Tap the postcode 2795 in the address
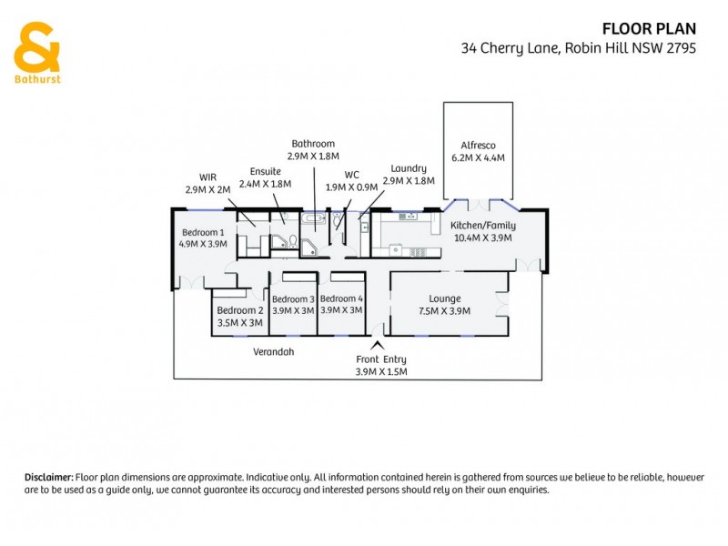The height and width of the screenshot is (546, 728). (x=681, y=48)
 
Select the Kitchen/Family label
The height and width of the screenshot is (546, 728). (x=483, y=225)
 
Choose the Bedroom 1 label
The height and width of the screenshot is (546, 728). (x=202, y=231)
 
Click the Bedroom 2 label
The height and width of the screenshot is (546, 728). (x=239, y=310)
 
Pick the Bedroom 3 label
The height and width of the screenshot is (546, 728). (x=293, y=298)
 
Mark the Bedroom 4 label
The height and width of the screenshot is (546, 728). (x=341, y=298)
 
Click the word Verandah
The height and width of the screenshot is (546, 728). (x=275, y=351)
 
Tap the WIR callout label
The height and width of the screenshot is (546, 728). (x=207, y=177)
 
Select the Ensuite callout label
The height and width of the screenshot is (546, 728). (x=265, y=170)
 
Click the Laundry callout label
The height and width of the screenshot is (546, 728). (x=408, y=168)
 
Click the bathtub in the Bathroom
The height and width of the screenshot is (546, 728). (x=314, y=219)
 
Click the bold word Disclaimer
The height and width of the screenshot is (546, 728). (x=48, y=477)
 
